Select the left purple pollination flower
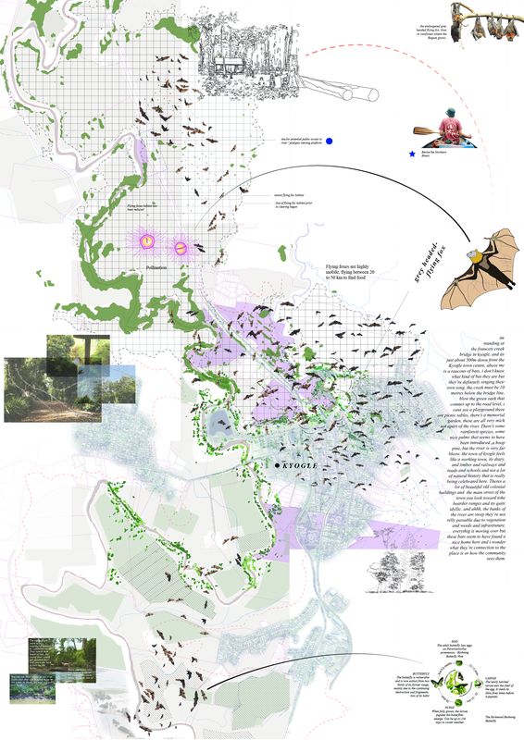[x=147, y=241]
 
